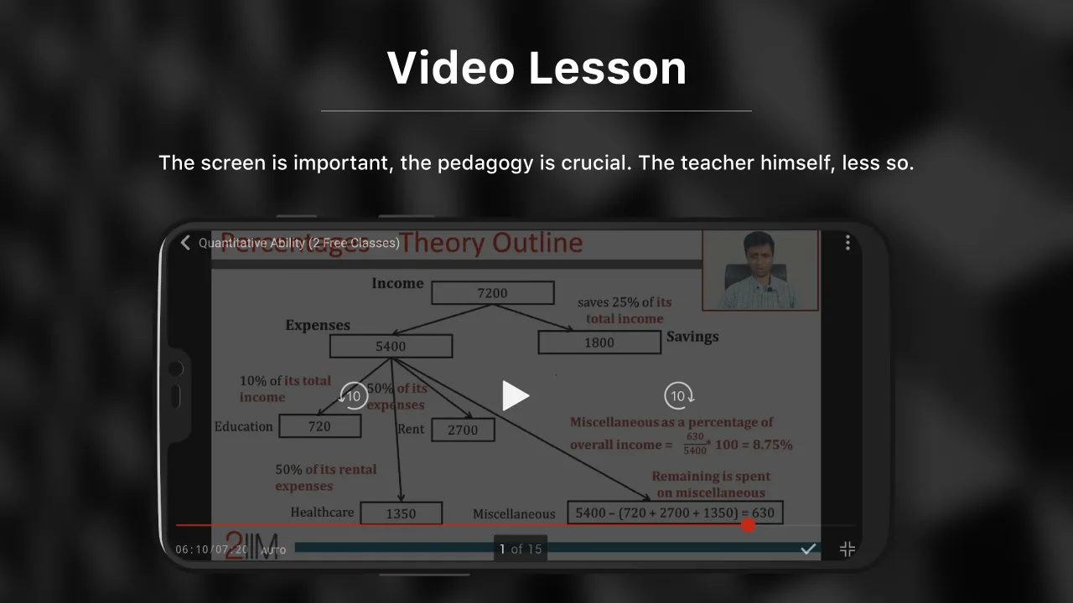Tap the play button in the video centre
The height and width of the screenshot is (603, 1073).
click(x=516, y=395)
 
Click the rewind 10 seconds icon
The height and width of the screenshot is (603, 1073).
click(x=354, y=395)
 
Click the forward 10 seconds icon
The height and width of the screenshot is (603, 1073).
click(x=678, y=395)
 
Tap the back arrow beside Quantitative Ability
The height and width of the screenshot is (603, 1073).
click(x=185, y=243)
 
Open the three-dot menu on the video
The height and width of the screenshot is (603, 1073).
click(x=848, y=242)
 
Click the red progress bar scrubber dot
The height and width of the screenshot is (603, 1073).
click(x=749, y=525)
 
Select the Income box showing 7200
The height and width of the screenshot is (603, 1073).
click(x=492, y=292)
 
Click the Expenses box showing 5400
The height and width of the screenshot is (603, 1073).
click(x=391, y=346)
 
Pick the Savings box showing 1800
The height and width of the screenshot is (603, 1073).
click(x=599, y=342)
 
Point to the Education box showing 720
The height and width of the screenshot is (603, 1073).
click(x=319, y=425)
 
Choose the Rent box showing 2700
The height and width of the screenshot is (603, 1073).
click(x=462, y=430)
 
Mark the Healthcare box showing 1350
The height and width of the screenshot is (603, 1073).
click(x=401, y=513)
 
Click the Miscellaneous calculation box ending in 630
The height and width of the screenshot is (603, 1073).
click(x=675, y=513)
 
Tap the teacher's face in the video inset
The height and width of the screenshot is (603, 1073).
click(x=758, y=253)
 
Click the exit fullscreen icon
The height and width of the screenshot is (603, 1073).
click(x=848, y=549)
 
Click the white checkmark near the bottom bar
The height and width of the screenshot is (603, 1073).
click(x=808, y=549)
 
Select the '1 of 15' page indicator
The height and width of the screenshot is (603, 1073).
click(x=521, y=549)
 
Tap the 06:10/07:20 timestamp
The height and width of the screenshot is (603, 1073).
click(x=211, y=549)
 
